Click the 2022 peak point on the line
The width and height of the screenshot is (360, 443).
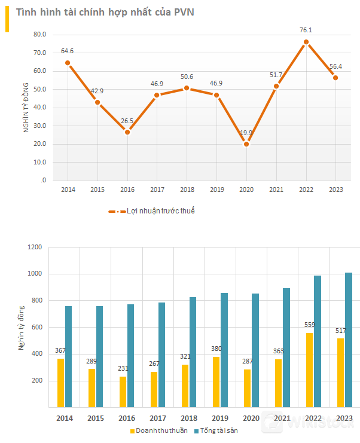coord(306,42)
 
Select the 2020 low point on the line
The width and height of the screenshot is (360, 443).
coord(246,144)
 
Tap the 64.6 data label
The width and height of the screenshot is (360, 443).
coord(67,51)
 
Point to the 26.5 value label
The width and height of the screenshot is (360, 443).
coord(127,121)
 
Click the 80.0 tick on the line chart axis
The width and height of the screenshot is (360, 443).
coord(39,35)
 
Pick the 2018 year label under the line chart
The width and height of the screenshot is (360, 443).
coord(187,190)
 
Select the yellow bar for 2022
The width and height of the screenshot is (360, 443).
coord(310,370)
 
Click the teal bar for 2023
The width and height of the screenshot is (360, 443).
coord(349,340)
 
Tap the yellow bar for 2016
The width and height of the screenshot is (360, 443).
coord(123,392)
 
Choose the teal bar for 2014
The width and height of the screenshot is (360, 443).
coord(69,356)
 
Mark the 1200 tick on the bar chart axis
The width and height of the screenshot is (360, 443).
coord(35,247)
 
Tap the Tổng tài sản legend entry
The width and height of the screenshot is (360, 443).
coord(218,430)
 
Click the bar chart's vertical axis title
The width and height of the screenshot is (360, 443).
coord(22,327)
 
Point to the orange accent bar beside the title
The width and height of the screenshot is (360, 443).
coord(7,17)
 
